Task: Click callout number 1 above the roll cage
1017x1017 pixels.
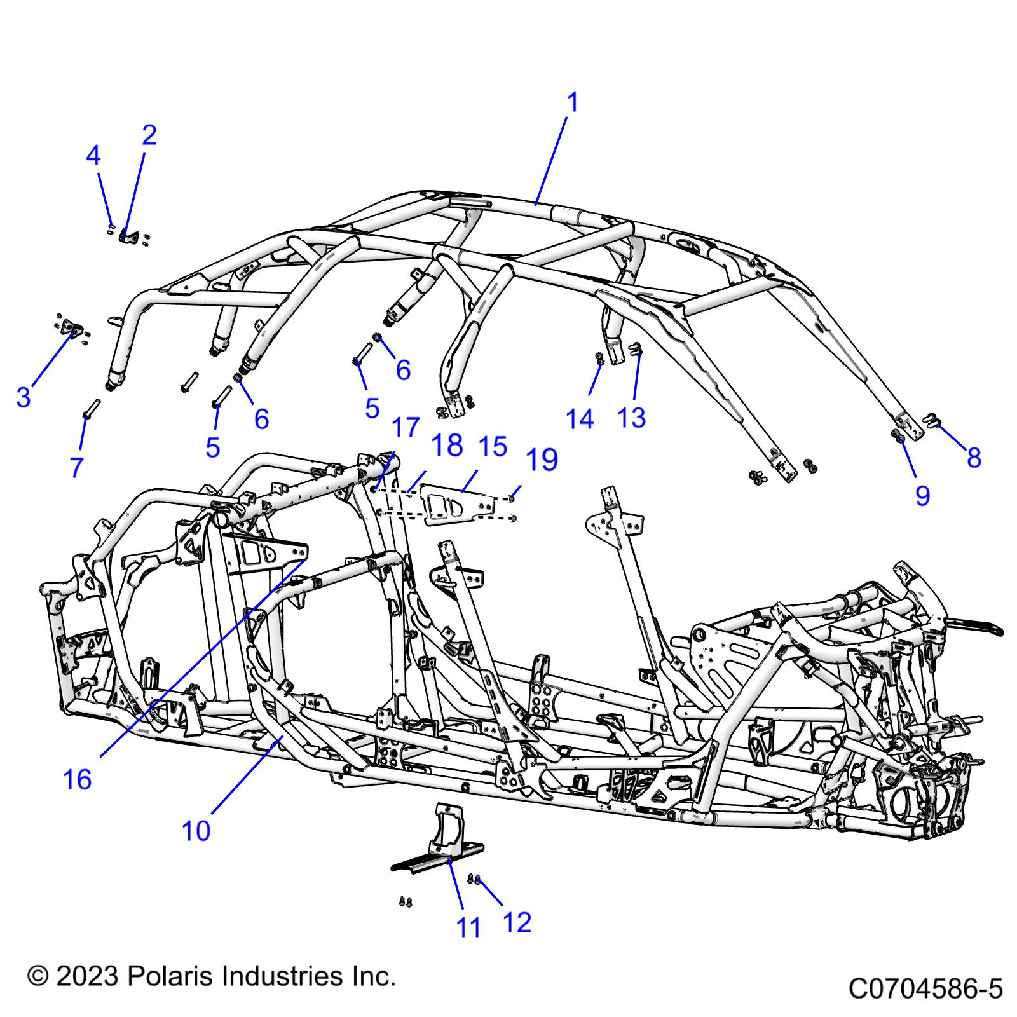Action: pyautogui.click(x=572, y=103)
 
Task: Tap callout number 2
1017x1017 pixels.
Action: pyautogui.click(x=149, y=135)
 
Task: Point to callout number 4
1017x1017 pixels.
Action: pyautogui.click(x=93, y=156)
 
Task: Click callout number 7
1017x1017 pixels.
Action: pyautogui.click(x=76, y=467)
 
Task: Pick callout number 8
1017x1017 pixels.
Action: pyautogui.click(x=974, y=458)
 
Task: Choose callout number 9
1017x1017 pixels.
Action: pyautogui.click(x=923, y=496)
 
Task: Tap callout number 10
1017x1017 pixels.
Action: pyautogui.click(x=196, y=831)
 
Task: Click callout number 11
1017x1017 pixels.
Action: pyautogui.click(x=469, y=928)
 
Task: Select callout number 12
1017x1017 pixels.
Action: pyautogui.click(x=517, y=922)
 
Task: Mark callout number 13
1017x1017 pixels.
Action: pyautogui.click(x=632, y=418)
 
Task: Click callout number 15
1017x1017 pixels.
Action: pyautogui.click(x=493, y=447)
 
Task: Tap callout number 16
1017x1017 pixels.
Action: pyautogui.click(x=77, y=779)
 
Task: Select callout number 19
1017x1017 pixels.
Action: pyautogui.click(x=542, y=460)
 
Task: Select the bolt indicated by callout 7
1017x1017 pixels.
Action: pyautogui.click(x=91, y=407)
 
